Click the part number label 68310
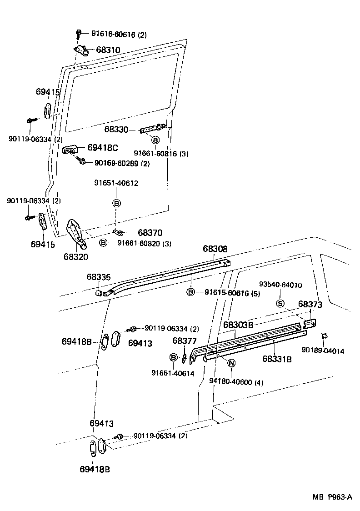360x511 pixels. [x=108, y=50]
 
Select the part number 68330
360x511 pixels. [x=116, y=130]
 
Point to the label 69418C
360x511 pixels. [x=102, y=147]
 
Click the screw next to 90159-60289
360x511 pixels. [x=82, y=161]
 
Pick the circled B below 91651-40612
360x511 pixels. [x=116, y=203]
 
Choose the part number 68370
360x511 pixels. [x=150, y=232]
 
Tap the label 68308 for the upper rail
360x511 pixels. [x=215, y=249]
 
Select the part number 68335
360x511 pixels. [x=99, y=277]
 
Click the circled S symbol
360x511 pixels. [x=280, y=304]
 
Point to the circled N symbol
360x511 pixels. [x=231, y=363]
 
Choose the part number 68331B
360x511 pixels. [x=277, y=359]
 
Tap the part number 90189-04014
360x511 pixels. [x=323, y=351]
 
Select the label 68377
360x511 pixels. [x=185, y=341]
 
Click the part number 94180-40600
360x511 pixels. [x=236, y=382]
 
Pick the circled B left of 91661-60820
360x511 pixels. [x=103, y=243]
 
